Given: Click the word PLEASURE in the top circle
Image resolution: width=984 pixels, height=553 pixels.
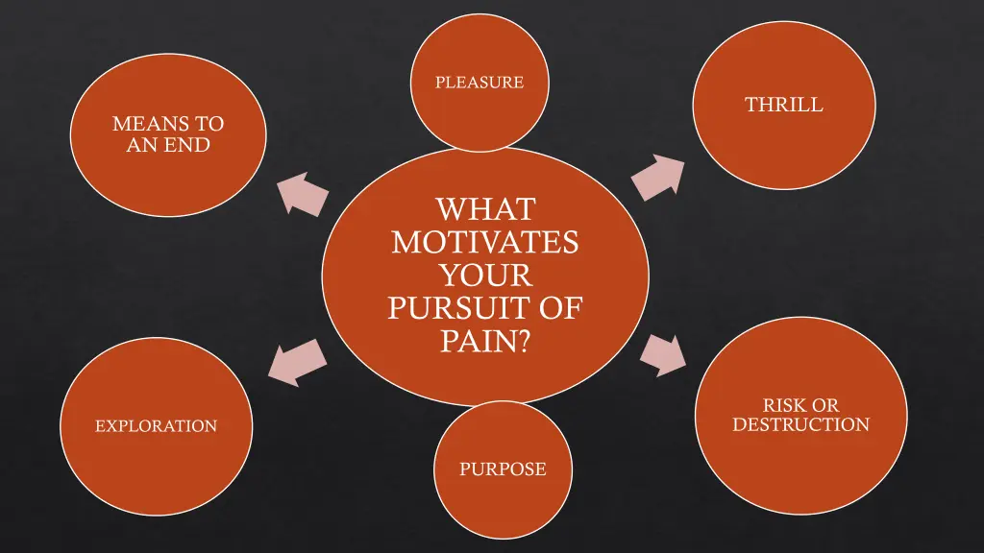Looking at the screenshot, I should [x=480, y=83].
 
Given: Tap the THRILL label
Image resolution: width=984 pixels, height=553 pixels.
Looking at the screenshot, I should [x=784, y=106].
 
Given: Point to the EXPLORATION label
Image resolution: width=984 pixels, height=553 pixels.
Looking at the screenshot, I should [x=156, y=425].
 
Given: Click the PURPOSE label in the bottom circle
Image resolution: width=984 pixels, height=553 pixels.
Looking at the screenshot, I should [x=503, y=469].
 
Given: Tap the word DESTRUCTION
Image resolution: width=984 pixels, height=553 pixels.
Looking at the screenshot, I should [x=800, y=424].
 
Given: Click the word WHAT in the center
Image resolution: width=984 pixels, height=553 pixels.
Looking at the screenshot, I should [x=484, y=208].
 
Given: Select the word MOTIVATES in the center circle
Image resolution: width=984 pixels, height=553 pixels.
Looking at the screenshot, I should [x=484, y=242].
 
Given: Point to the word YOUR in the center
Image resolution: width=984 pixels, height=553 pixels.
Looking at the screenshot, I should [x=484, y=276].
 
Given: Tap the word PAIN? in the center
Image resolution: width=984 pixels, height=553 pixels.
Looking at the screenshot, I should [x=484, y=341].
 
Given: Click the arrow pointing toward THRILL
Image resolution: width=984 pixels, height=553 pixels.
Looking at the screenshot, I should [x=661, y=178].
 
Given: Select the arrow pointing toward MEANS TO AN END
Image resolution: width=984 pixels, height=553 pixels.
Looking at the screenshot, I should [x=303, y=193].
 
